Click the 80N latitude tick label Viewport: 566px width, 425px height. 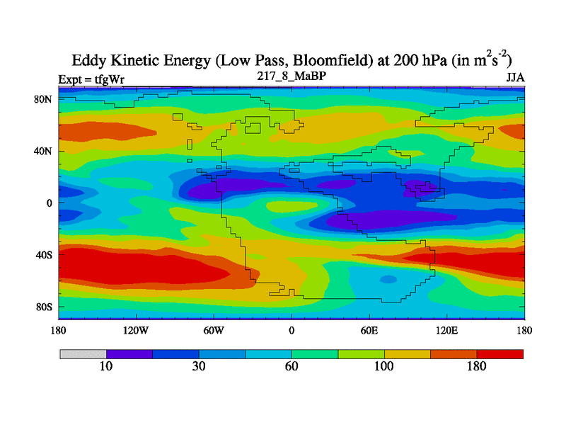(44, 99)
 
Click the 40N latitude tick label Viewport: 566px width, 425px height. (44, 151)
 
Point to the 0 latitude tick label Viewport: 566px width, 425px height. (50, 203)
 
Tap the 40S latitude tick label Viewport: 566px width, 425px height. (44, 255)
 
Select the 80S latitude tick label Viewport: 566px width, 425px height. (44, 307)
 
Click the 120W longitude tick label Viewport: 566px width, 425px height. (136, 330)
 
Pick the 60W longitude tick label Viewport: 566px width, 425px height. (214, 330)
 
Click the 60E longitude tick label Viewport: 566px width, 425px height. (369, 330)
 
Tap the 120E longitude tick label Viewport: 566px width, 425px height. (447, 330)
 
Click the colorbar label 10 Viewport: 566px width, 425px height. (106, 366)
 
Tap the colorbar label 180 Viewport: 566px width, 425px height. (477, 366)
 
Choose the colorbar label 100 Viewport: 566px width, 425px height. (384, 366)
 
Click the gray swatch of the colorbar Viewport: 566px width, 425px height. (83, 353)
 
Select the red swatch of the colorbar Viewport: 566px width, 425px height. (500, 353)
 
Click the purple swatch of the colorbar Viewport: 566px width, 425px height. (129, 353)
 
